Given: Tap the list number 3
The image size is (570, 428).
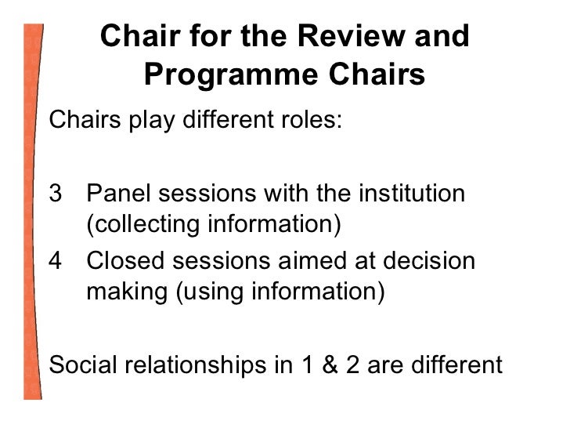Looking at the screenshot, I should click(x=54, y=192).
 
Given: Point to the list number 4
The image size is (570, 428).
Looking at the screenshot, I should click(x=54, y=259).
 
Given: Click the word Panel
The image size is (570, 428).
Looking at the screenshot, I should click(x=117, y=192).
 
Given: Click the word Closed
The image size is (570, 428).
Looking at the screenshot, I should click(x=123, y=259).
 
